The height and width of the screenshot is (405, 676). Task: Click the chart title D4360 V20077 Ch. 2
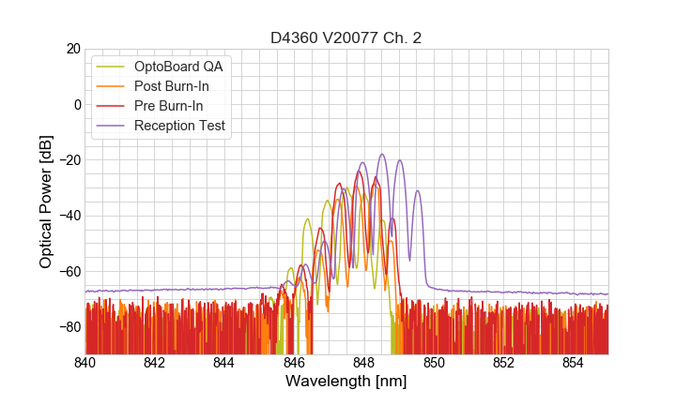pos(346,38)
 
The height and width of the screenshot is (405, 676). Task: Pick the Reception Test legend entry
pos(179,126)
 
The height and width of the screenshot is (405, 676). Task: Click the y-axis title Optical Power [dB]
pos(46,202)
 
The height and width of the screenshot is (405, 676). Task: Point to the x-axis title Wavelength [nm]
pos(346,382)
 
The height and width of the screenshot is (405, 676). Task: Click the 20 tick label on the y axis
pos(71,49)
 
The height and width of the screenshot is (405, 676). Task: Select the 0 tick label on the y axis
pos(76,104)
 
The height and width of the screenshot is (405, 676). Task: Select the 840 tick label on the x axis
pos(85,363)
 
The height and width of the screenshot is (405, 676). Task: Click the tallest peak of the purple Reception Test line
pos(382,155)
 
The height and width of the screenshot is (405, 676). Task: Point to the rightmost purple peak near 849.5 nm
pos(418,191)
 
